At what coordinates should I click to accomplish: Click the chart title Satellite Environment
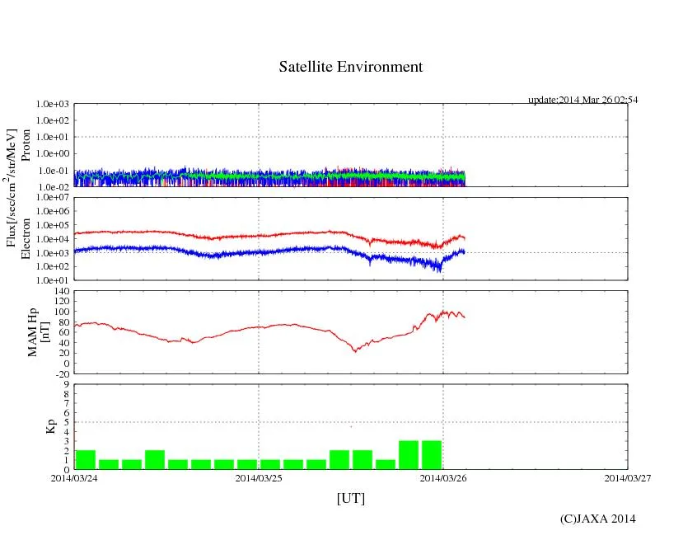350,67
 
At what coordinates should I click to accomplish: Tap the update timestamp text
582,100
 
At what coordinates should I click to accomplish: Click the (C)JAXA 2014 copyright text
597,519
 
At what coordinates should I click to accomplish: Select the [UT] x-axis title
350,498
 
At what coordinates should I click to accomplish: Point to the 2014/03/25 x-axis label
259,477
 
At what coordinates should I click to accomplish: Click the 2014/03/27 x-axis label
627,477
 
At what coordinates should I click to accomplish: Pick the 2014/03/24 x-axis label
74,477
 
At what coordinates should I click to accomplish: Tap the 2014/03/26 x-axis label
443,477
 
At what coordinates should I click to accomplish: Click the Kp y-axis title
50,426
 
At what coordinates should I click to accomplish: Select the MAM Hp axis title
39,327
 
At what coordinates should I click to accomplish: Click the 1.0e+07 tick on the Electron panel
52,198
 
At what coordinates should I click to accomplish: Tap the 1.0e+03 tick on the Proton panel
52,105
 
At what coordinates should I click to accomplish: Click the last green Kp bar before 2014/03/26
432,455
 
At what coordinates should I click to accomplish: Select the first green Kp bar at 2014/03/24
86,460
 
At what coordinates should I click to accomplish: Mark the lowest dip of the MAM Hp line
355,352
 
